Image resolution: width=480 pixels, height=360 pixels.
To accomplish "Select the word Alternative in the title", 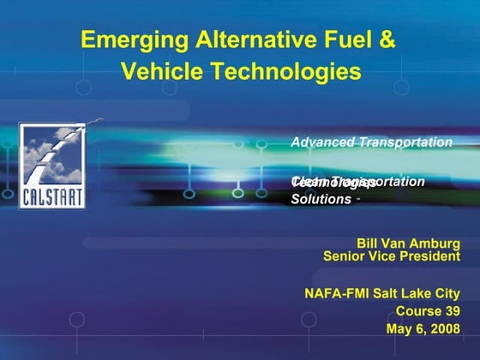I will coord(246,39).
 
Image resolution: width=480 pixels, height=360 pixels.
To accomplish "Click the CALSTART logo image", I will coord(52,165).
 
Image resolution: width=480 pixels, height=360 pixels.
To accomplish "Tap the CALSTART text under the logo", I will coord(52,196).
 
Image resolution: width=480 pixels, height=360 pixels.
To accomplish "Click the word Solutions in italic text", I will coord(321,199).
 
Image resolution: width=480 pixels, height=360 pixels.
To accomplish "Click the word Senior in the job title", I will coord(347,255).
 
